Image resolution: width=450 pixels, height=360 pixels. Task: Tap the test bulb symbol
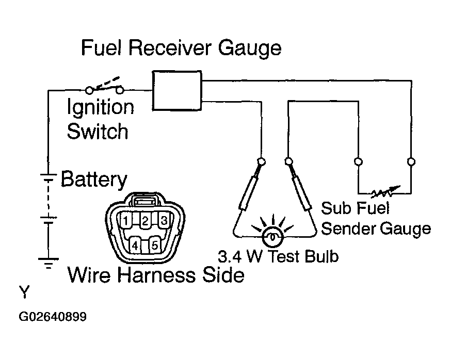click(272, 237)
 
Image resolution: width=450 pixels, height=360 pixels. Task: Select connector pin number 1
click(126, 220)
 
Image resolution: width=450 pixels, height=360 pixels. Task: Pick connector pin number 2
click(145, 220)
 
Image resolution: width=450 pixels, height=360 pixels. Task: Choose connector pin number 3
click(164, 220)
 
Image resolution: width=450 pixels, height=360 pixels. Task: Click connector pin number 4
click(135, 246)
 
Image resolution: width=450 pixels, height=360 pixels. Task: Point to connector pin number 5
click(155, 246)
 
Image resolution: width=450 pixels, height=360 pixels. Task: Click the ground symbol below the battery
click(49, 263)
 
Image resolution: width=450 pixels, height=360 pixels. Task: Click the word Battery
click(94, 180)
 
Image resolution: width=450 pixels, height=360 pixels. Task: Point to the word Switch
click(98, 132)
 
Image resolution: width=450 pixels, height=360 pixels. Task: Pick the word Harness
click(157, 275)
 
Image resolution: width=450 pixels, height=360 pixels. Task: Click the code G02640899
click(53, 317)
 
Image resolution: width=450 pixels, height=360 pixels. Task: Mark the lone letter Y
click(24, 292)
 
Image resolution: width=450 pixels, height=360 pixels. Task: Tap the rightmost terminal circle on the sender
click(411, 161)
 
